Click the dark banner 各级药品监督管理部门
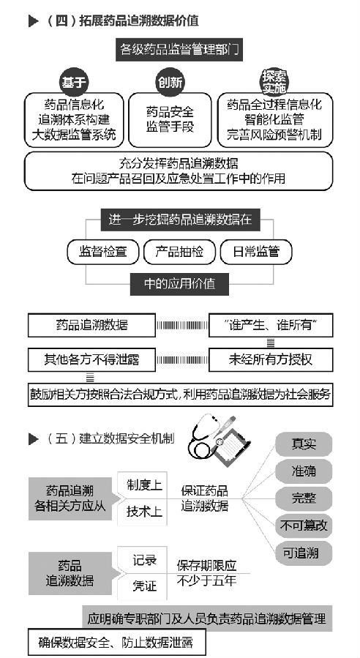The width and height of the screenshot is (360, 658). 179,50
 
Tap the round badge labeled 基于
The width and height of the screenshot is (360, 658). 74,82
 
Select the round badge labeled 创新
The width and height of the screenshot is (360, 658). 170,82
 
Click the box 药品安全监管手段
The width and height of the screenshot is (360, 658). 170,120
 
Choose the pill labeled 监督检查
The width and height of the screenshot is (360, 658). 103,252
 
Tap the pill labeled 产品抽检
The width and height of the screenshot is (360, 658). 179,252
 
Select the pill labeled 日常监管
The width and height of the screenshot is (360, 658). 256,252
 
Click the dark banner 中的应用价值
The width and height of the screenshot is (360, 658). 179,284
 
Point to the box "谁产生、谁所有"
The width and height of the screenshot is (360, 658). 271,325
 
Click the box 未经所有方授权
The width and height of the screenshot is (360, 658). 271,359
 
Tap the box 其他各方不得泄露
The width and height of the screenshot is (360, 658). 91,359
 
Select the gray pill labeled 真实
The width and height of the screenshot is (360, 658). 304,444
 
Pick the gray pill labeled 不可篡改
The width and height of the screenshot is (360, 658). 304,526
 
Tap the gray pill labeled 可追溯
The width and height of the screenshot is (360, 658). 304,553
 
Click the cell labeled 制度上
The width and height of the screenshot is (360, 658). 143,485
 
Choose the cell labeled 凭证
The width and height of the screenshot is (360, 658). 143,586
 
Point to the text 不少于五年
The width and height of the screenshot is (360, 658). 206,581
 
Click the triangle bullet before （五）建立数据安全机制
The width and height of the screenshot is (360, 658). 34,439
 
